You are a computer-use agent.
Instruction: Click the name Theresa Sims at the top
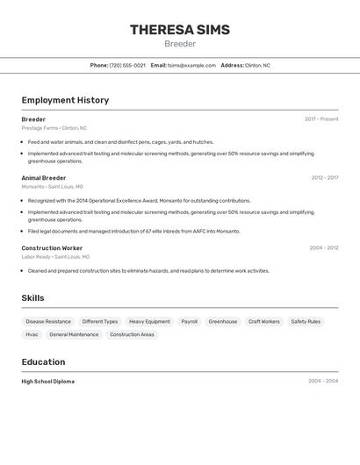180,30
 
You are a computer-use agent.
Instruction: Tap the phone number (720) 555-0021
127,65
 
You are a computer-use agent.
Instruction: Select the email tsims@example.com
191,65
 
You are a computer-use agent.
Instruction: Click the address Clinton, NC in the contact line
257,65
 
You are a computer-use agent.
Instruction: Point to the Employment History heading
65,100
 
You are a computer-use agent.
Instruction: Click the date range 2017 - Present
321,119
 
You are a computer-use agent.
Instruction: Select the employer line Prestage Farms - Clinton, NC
54,128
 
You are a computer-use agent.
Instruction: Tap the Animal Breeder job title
44,178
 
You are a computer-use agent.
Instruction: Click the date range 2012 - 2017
325,178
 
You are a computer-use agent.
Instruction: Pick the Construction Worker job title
52,248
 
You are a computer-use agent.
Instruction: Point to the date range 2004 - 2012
324,248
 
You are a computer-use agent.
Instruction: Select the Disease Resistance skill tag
48,322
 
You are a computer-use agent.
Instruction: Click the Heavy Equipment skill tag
149,322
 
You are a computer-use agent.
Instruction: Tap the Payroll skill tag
190,322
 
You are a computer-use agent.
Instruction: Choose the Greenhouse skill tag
223,322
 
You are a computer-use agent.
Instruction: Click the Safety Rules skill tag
306,322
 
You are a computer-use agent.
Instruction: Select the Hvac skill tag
32,334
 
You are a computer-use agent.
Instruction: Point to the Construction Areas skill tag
132,334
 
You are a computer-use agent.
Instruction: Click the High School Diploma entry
48,382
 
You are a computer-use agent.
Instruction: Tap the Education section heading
43,361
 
